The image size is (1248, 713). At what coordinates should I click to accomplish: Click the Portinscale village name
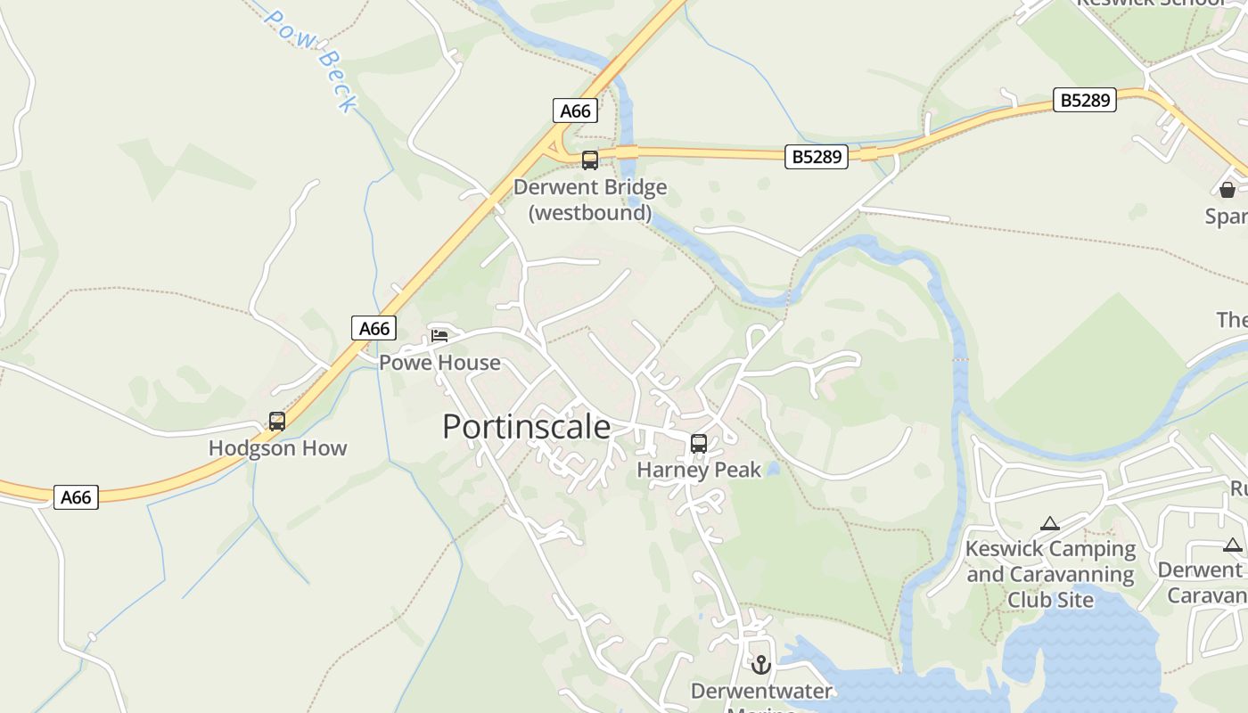(526, 427)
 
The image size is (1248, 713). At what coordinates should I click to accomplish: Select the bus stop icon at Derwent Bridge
(589, 160)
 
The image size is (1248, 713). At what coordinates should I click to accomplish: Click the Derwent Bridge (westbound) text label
(589, 200)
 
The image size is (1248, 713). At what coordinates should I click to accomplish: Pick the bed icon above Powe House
(439, 336)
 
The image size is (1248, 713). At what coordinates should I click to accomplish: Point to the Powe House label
(439, 363)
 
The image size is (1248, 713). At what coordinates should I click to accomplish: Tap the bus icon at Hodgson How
(277, 422)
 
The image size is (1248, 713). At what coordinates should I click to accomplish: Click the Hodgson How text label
(277, 448)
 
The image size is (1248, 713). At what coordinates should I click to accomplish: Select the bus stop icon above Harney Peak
(699, 443)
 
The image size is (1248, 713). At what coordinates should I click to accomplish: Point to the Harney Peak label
(699, 470)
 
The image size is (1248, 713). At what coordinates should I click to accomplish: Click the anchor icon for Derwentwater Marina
(760, 665)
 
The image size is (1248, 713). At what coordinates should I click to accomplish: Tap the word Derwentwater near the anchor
(761, 691)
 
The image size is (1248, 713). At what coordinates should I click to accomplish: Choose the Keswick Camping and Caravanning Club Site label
(1050, 574)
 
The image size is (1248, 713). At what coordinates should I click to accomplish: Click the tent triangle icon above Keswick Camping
(1050, 524)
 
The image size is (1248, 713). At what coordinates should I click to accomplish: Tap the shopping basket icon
(1227, 189)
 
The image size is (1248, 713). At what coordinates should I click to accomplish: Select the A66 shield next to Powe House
(374, 328)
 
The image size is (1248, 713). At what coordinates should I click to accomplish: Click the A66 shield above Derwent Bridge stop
(575, 111)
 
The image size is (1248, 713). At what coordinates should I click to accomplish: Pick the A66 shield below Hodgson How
(76, 497)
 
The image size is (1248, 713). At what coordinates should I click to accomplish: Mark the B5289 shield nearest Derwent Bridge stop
(817, 157)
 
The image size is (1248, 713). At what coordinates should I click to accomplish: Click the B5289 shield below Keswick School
(1085, 100)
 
